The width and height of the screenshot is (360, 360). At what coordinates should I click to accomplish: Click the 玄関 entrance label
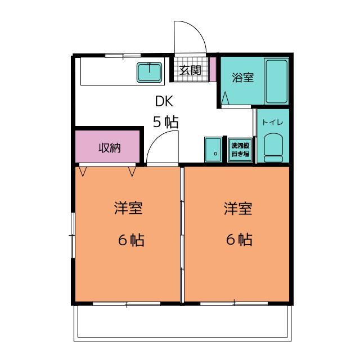pyautogui.click(x=190, y=70)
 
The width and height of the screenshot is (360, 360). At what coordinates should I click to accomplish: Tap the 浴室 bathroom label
pyautogui.click(x=242, y=78)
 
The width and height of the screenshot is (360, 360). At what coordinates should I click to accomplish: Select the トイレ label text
pyautogui.click(x=272, y=123)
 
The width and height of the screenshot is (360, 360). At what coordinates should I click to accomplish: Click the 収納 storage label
pyautogui.click(x=110, y=148)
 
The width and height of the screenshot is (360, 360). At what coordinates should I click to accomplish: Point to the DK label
pyautogui.click(x=164, y=101)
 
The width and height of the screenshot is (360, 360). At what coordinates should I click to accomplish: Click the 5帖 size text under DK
pyautogui.click(x=165, y=122)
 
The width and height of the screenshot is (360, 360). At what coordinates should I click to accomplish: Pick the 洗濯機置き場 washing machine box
pyautogui.click(x=240, y=150)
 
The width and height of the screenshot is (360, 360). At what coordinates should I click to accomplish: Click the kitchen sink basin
pyautogui.click(x=149, y=72)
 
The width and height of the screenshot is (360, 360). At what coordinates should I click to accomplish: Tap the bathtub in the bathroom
pyautogui.click(x=276, y=81)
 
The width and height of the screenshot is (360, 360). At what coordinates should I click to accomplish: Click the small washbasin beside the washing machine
pyautogui.click(x=213, y=150)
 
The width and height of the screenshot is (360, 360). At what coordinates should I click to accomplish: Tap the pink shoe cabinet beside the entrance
pyautogui.click(x=213, y=69)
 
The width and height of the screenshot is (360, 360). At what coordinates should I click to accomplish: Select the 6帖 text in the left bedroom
pyautogui.click(x=131, y=240)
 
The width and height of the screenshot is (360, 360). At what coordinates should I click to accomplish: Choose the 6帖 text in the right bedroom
pyautogui.click(x=239, y=240)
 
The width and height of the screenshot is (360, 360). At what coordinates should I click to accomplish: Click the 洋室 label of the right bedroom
pyautogui.click(x=238, y=209)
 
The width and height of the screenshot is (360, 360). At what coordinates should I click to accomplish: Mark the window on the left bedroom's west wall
pyautogui.click(x=73, y=235)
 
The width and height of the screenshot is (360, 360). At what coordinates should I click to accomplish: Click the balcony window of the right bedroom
pyautogui.click(x=234, y=303)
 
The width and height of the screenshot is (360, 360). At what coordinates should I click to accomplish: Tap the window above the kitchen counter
pyautogui.click(x=123, y=55)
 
